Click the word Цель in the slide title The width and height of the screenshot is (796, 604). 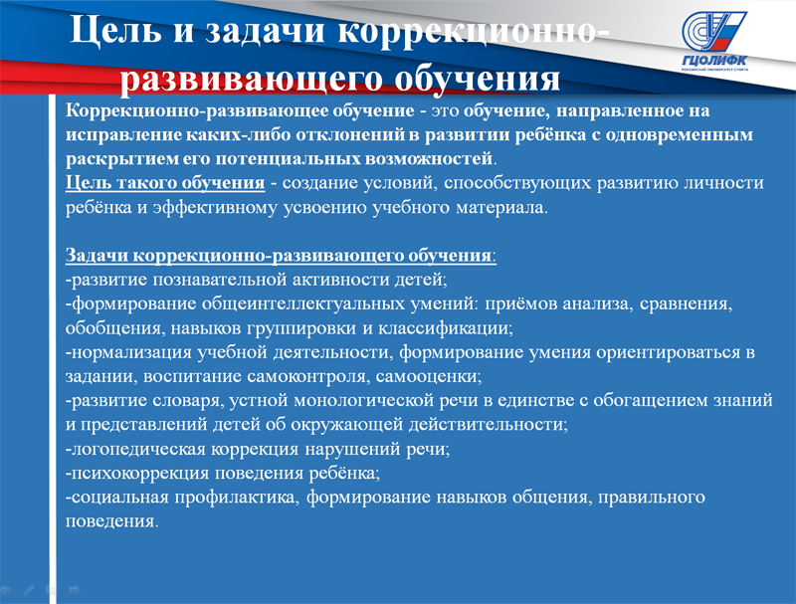(115, 30)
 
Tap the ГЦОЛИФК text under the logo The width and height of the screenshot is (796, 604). (714, 61)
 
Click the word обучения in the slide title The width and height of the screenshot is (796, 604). (478, 79)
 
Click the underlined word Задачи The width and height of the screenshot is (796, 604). (97, 255)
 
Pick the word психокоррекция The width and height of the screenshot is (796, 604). (140, 473)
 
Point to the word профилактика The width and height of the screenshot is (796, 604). (238, 497)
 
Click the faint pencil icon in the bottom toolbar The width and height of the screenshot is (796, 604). (29, 590)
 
